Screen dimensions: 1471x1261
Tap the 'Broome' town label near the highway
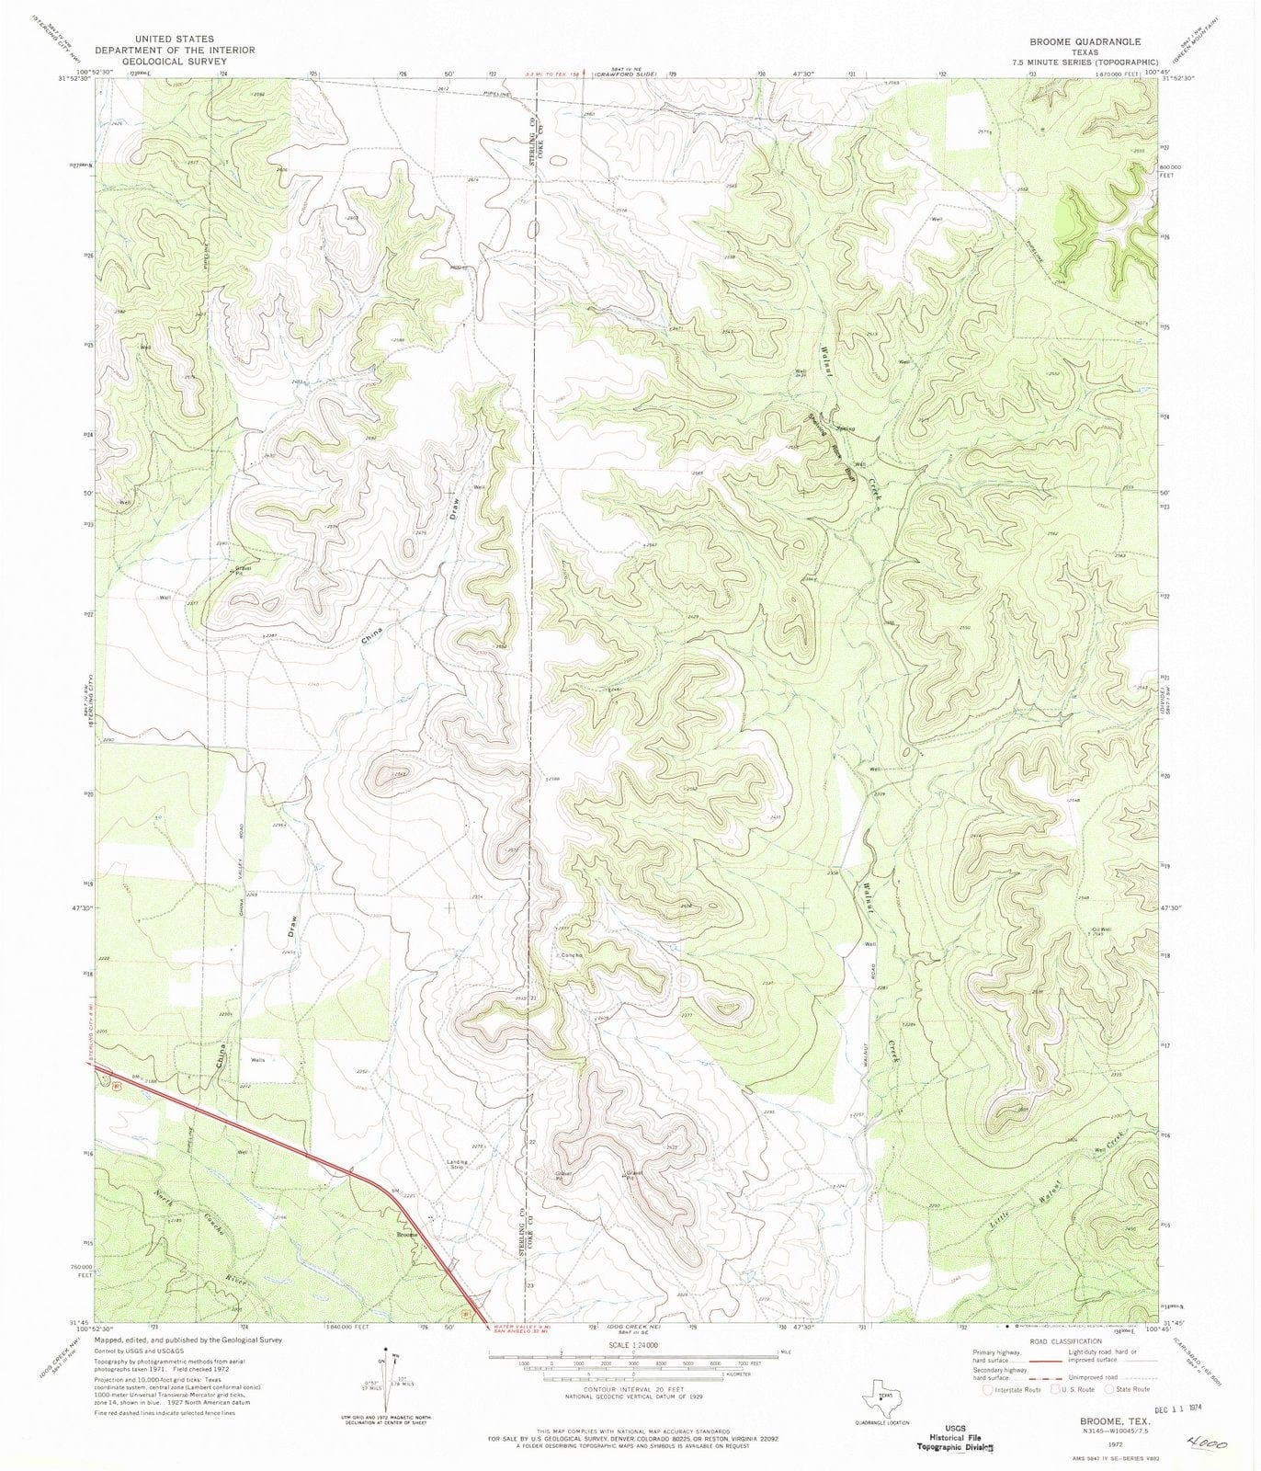[407, 1233]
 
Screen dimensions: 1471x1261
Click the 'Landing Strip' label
[458, 1164]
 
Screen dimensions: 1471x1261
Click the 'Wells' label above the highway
[257, 1060]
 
